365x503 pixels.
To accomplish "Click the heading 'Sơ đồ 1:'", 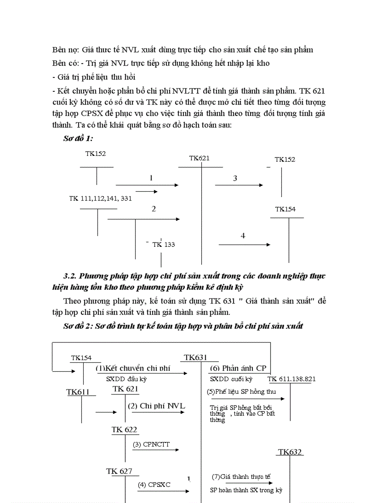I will [78, 139].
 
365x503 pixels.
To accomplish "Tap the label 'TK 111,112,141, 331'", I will [100, 198].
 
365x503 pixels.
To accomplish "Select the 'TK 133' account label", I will [164, 245].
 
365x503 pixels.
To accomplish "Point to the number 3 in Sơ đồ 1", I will [235, 178].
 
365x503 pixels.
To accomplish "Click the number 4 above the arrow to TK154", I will [243, 236].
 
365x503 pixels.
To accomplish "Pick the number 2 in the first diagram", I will [153, 209].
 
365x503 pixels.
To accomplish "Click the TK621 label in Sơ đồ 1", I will [199, 158].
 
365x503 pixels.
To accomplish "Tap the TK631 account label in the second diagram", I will [196, 357].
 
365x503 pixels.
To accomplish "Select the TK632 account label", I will [290, 452].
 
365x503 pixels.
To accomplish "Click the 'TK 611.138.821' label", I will [292, 379].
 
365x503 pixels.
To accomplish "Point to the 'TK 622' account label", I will [124, 430].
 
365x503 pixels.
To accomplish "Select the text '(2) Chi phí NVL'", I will [156, 406].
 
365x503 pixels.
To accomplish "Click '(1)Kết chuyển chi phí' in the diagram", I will [134, 368].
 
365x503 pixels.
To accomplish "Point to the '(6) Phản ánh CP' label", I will [238, 368].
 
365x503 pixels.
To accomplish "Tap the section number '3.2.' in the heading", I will [72, 275].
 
